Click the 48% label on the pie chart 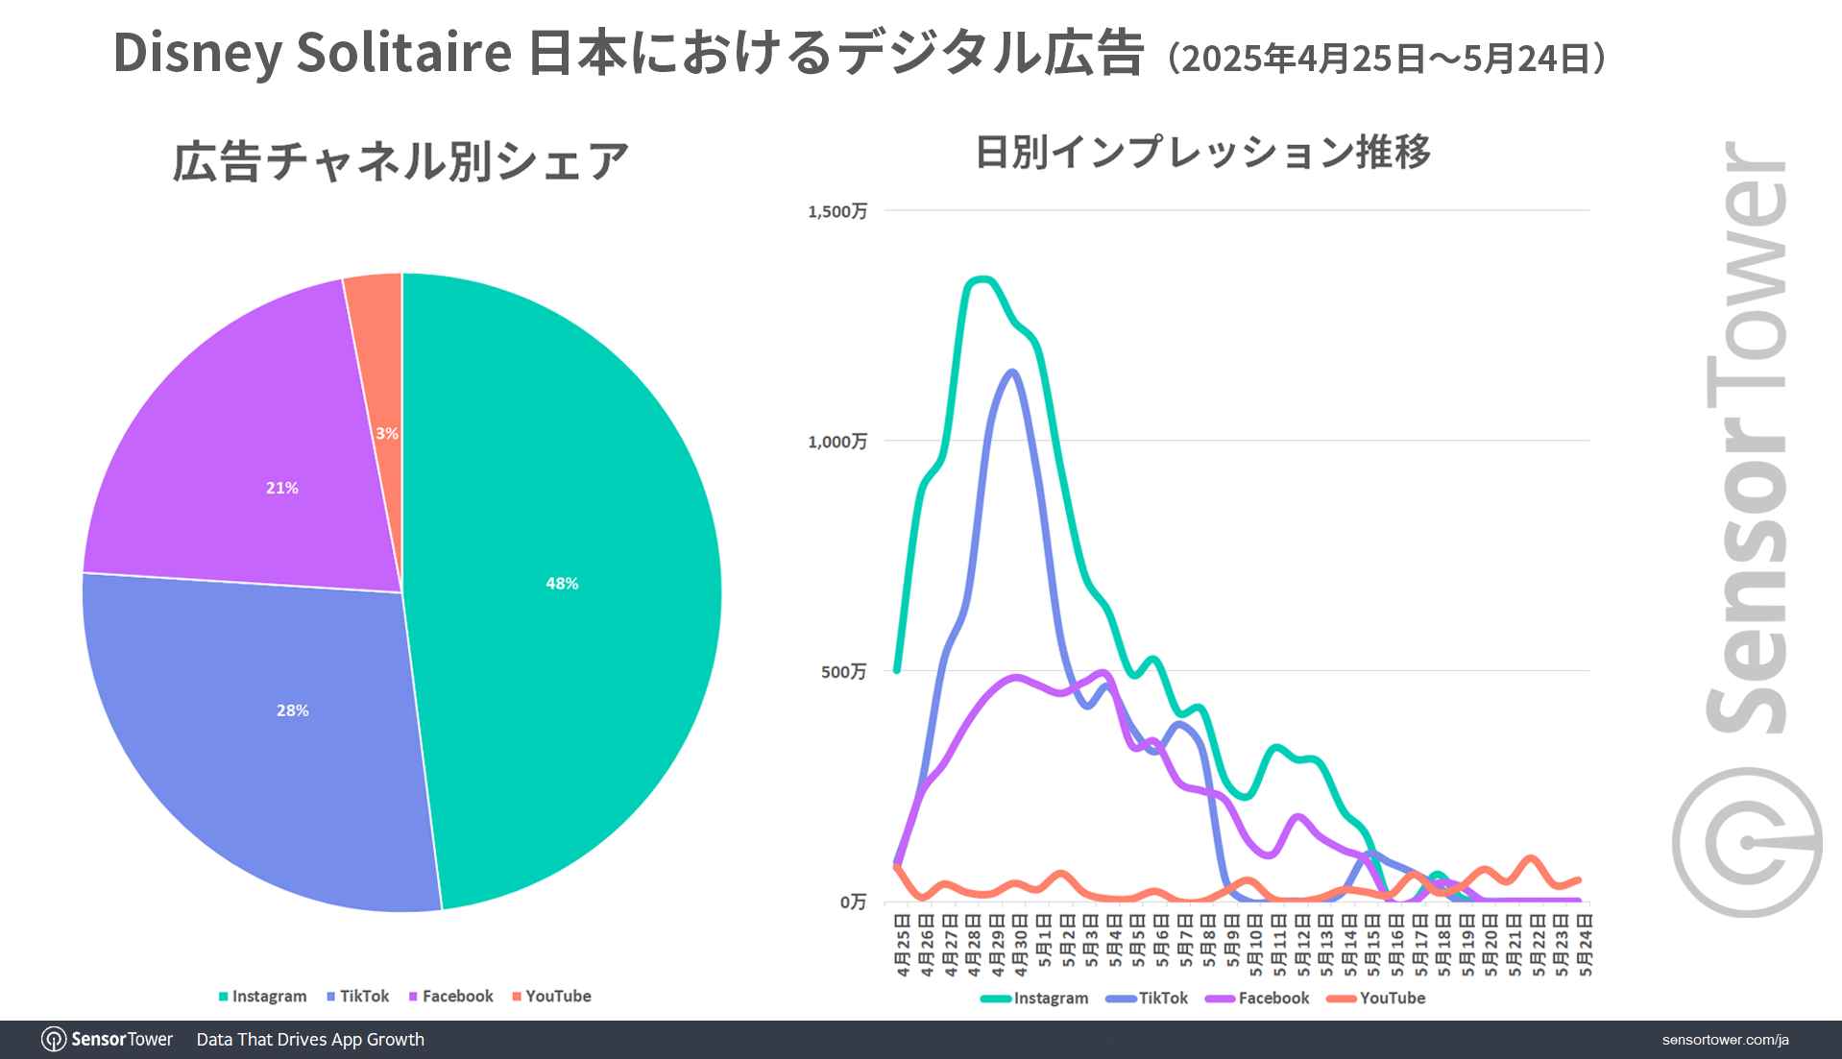[562, 583]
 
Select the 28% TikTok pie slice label [292, 710]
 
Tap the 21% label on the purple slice [281, 488]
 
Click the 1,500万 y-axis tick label [836, 211]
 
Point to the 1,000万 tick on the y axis [836, 442]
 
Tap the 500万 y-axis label [842, 671]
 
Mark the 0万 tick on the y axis [853, 902]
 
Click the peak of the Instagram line [980, 279]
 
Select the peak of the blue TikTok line [1012, 372]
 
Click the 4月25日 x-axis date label [903, 946]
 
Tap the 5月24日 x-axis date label [1586, 946]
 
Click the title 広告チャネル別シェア [400, 160]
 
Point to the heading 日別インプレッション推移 [1202, 152]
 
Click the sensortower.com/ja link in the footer [1725, 1040]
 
